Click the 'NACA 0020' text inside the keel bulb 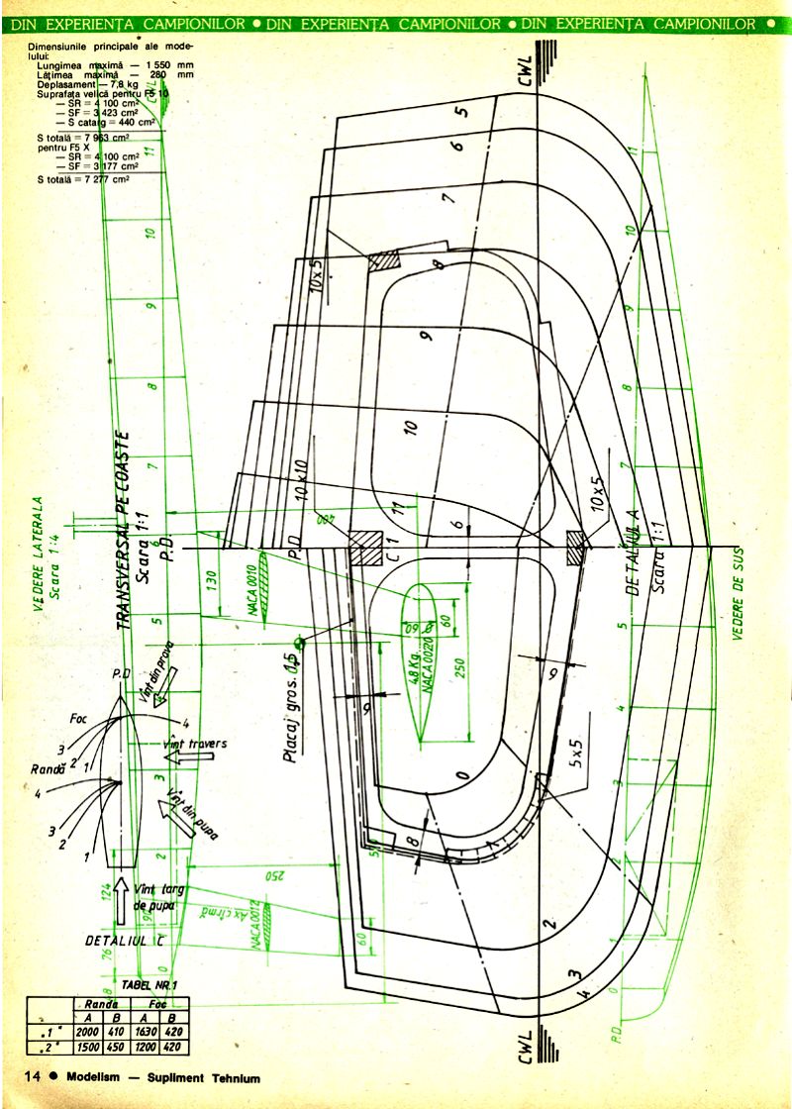coord(430,663)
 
